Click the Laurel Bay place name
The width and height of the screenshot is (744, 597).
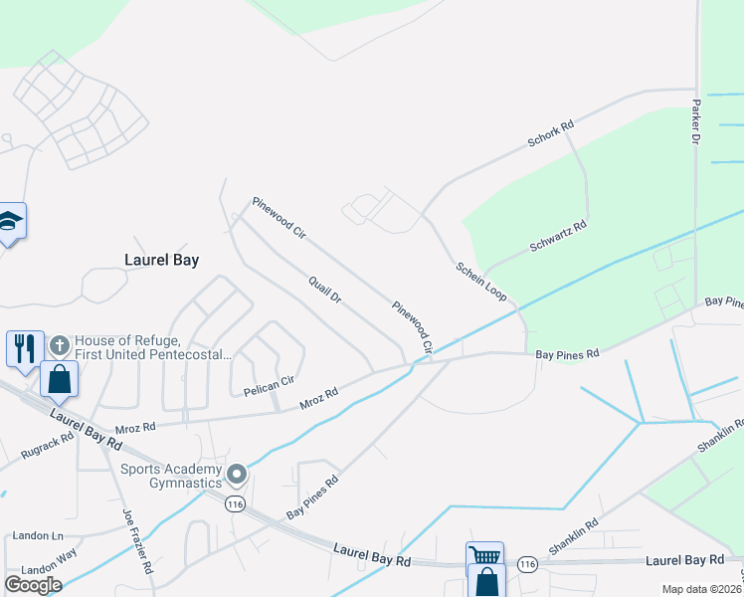[161, 260]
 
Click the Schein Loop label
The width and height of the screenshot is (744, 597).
[481, 283]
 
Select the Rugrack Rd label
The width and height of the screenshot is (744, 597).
[46, 446]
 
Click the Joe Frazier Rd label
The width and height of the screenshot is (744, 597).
[136, 541]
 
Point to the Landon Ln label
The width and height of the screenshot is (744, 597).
[39, 536]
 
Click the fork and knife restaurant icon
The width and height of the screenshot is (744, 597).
[25, 347]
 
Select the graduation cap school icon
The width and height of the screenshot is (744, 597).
[10, 221]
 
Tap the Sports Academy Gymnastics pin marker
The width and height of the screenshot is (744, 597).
[237, 474]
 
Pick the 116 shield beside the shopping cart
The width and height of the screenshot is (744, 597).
[527, 564]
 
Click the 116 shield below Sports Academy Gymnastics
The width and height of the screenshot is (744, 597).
[234, 504]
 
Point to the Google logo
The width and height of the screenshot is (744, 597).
[33, 584]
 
